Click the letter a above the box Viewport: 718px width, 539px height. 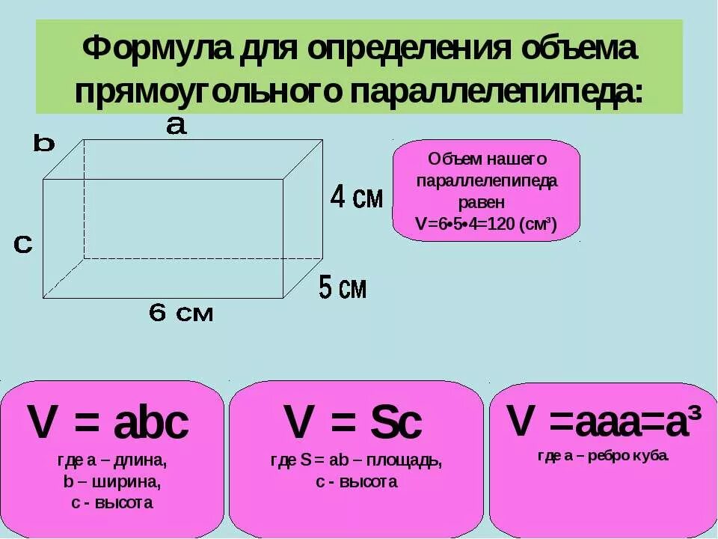[176, 126]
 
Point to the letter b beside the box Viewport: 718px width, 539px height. [44, 143]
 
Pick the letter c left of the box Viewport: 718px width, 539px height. [23, 244]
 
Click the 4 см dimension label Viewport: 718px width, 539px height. [357, 198]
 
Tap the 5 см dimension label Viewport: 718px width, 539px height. [343, 287]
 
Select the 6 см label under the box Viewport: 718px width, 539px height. [181, 314]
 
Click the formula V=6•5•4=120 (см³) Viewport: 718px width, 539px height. [486, 225]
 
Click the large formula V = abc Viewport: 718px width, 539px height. [108, 424]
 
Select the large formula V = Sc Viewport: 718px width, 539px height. [353, 424]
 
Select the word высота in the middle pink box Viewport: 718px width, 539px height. [367, 482]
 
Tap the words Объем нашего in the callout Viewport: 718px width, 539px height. [487, 159]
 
